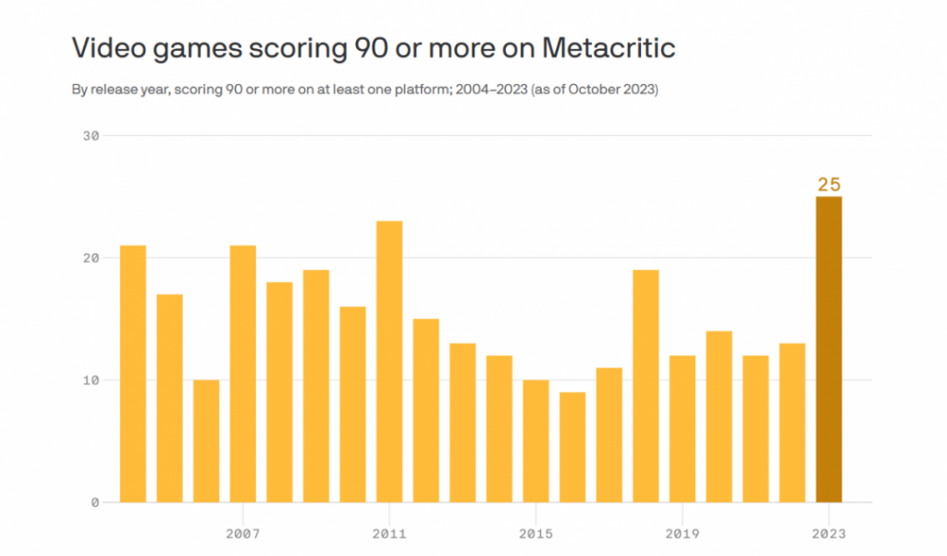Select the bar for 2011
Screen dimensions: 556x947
[x=389, y=362]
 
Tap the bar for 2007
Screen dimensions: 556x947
[x=242, y=374]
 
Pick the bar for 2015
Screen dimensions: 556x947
[x=535, y=441]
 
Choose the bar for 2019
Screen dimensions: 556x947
[x=682, y=429]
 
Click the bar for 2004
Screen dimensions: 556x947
[x=133, y=374]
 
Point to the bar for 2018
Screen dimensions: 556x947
[x=646, y=386]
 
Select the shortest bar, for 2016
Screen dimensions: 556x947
[x=572, y=448]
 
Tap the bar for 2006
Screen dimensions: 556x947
[x=206, y=441]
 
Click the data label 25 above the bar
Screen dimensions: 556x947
[x=829, y=184]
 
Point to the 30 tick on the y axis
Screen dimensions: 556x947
[x=90, y=136]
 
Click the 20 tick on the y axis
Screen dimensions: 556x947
[x=90, y=258]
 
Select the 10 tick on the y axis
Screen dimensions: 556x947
[x=90, y=380]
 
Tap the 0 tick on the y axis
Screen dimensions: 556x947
[x=94, y=503]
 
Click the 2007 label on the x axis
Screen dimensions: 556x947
[x=242, y=534]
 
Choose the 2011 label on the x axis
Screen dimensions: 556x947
[x=389, y=534]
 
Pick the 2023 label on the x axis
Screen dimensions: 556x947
[x=829, y=534]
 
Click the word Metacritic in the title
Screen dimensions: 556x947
[x=609, y=48]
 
